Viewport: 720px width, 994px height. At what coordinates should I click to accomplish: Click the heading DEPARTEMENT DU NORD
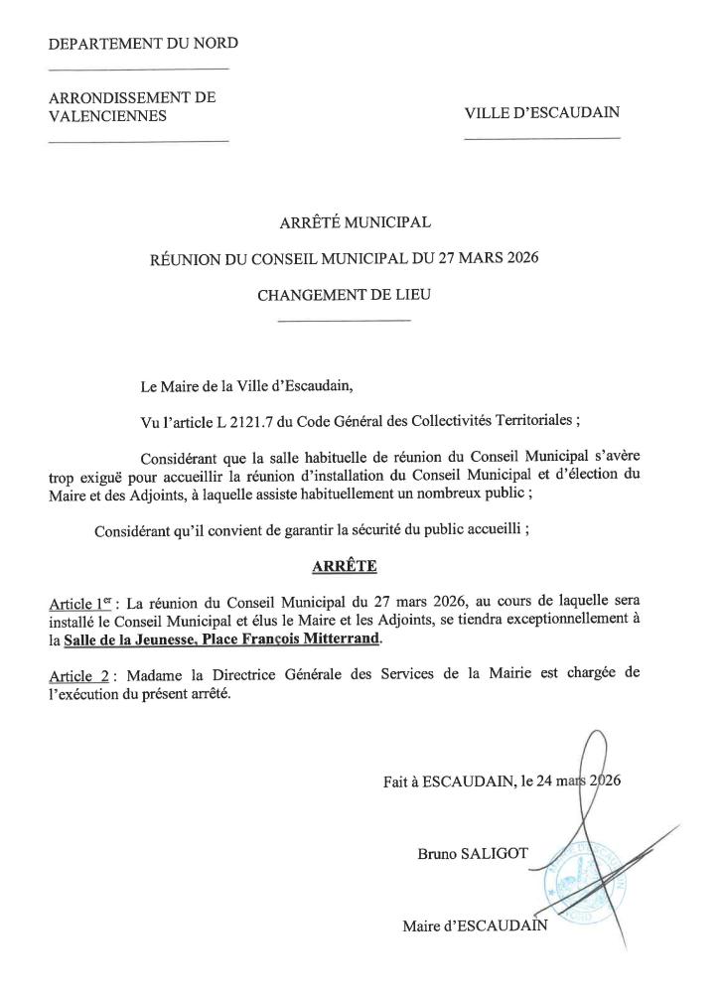point(143,43)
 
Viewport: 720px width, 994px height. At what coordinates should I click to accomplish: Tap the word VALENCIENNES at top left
point(107,115)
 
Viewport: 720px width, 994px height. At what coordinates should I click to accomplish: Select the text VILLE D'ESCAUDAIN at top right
point(541,112)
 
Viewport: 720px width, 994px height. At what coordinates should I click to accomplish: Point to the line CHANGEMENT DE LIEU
point(345,295)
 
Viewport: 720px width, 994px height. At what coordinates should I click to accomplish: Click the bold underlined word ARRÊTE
point(345,567)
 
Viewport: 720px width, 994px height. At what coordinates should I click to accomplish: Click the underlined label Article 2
point(78,673)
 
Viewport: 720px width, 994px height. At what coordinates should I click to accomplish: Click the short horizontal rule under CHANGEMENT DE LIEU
point(345,321)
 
